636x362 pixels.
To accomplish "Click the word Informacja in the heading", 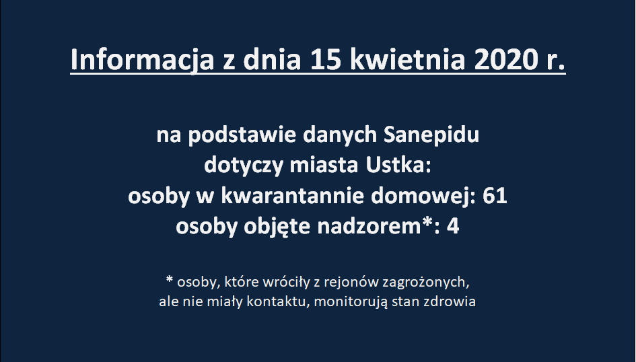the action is coord(142,61).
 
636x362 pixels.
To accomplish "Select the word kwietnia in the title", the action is coord(407,60).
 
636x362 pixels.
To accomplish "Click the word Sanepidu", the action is coord(431,135).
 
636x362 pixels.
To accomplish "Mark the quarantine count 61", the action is coord(495,196).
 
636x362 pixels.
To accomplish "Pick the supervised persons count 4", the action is coord(453,227).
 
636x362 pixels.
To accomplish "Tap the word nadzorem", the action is coord(369,226).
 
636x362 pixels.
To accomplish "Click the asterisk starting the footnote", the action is coord(170,279).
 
